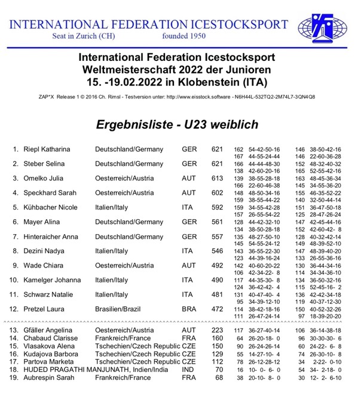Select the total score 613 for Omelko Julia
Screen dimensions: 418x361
(217, 177)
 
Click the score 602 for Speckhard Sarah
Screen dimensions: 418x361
(217, 192)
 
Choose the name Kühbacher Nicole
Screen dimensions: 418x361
(50, 207)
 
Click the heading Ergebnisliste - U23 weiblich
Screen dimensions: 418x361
(178, 124)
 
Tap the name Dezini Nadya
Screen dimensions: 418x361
(45, 251)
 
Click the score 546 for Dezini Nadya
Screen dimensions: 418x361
(217, 251)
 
